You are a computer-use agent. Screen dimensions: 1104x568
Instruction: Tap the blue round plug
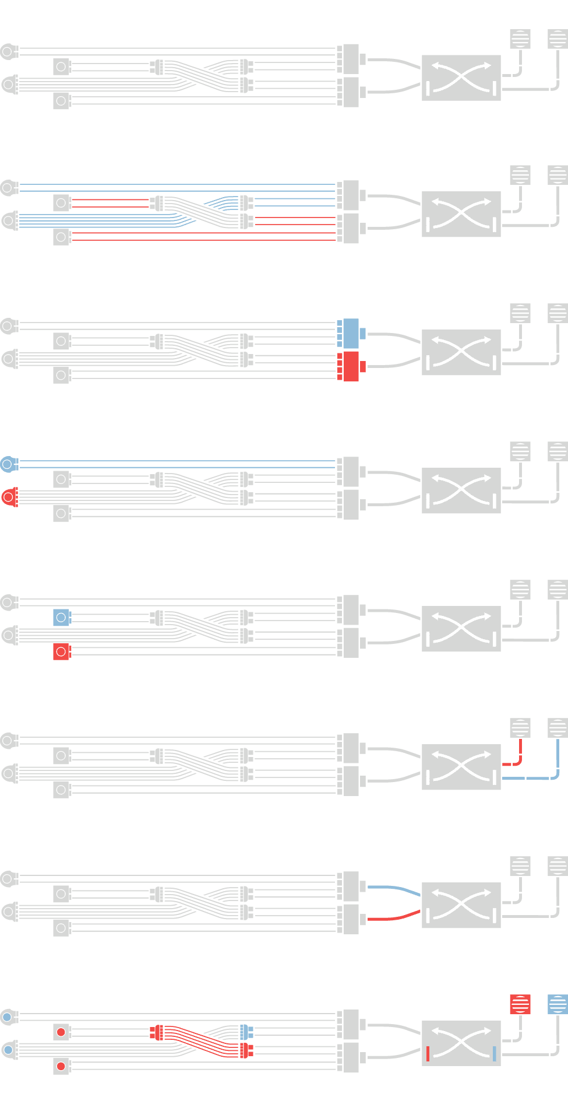pyautogui.click(x=9, y=464)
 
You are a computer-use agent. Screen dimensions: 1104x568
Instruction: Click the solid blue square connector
pyautogui.click(x=62, y=618)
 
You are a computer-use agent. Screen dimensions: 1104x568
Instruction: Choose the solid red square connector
pyautogui.click(x=62, y=651)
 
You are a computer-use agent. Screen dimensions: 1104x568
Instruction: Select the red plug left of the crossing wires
pyautogui.click(x=156, y=1032)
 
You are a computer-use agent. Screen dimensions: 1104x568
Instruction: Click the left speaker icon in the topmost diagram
pyautogui.click(x=520, y=38)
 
